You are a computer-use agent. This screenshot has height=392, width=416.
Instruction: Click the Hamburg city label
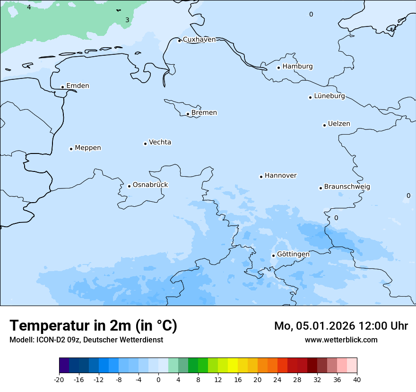tap(297, 67)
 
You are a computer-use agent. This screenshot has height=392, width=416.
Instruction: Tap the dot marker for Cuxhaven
tap(179, 41)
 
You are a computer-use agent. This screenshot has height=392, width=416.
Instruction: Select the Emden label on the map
tap(78, 86)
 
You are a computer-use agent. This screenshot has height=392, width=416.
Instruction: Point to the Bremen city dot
tap(188, 114)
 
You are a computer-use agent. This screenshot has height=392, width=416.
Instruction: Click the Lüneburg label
tap(329, 96)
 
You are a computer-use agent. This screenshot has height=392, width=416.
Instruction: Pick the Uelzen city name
tap(339, 124)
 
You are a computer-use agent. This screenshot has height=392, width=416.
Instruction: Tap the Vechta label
tap(160, 142)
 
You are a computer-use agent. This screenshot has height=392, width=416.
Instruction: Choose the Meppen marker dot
tap(71, 149)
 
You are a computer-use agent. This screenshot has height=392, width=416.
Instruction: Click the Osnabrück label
tap(150, 185)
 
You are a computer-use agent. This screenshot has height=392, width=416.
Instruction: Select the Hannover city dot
tap(261, 177)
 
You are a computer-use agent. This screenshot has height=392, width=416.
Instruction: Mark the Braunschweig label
tap(347, 187)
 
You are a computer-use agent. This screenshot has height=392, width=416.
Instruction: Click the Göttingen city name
tap(293, 255)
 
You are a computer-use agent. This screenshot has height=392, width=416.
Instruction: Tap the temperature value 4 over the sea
tap(29, 8)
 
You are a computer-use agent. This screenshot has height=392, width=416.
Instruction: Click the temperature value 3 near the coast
tap(127, 20)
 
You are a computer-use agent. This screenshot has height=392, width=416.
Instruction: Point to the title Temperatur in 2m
tap(93, 325)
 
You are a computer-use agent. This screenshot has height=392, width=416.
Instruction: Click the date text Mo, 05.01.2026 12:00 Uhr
tap(341, 326)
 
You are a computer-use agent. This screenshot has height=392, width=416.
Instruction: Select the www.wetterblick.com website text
tap(341, 340)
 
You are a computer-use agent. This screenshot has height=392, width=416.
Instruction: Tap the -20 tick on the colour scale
tap(59, 379)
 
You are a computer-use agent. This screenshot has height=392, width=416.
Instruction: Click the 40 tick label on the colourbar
tap(357, 379)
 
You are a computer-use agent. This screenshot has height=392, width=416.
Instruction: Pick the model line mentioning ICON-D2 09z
tap(86, 340)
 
